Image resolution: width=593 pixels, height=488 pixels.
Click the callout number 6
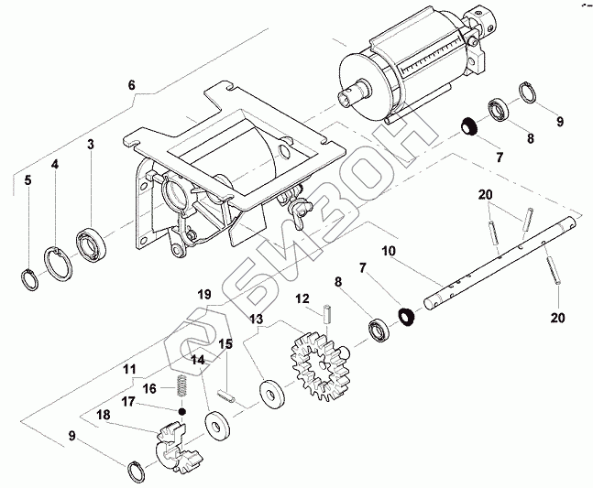point(131,85)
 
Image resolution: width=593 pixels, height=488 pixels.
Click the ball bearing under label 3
point(93,242)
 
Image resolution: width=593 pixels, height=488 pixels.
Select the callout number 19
point(203,294)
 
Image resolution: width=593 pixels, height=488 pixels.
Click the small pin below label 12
point(325,314)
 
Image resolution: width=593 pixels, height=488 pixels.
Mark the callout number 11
point(129,370)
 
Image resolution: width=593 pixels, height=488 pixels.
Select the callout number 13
point(256,320)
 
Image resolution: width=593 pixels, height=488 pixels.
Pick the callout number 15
point(225,343)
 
